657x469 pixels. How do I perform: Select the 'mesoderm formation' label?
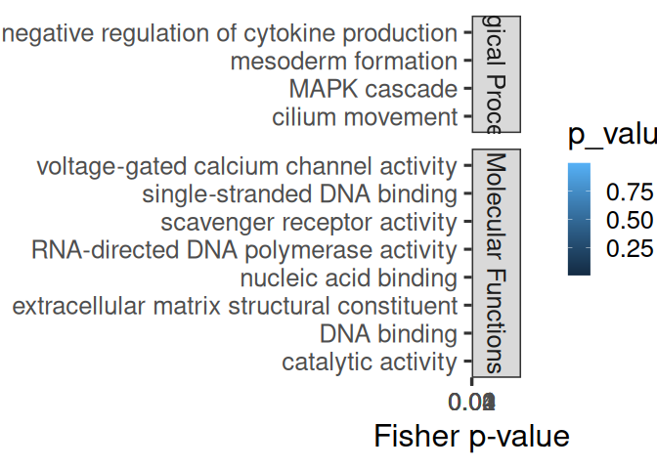(x=343, y=62)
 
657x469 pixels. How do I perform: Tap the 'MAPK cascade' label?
(x=372, y=89)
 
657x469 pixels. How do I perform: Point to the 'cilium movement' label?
(x=364, y=117)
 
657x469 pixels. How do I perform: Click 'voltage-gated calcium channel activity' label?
(x=246, y=167)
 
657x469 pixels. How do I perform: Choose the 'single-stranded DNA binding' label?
(x=299, y=194)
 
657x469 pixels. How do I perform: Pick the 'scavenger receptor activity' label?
(x=308, y=223)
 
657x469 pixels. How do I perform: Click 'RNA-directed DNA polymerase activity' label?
(x=244, y=250)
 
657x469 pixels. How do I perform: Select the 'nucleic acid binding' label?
(x=348, y=278)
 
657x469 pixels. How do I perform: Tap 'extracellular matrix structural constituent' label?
(x=235, y=307)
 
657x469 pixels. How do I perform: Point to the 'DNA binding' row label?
(x=388, y=334)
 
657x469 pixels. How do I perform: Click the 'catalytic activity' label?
(x=369, y=362)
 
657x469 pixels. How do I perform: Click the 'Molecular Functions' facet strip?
(x=496, y=263)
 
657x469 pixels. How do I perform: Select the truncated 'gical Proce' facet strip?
(x=496, y=74)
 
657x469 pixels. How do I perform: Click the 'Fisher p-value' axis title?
(x=471, y=436)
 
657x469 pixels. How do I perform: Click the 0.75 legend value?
(x=629, y=190)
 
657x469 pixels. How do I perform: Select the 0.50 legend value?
(x=629, y=220)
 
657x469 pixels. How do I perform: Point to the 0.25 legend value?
(x=629, y=250)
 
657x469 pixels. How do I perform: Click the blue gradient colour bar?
(x=579, y=220)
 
